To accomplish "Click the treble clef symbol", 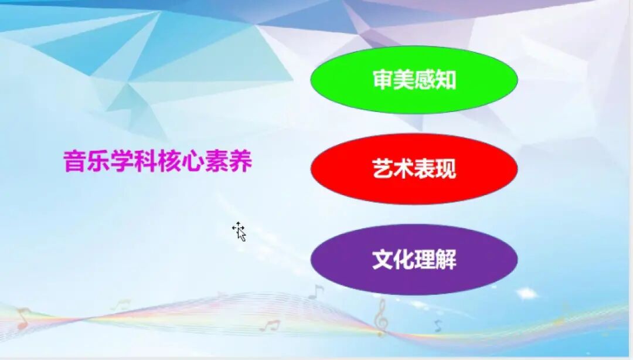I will point(381,317).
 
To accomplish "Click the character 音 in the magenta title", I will point(74,162).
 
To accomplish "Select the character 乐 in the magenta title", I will point(98,162).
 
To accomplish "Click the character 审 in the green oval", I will point(383,80).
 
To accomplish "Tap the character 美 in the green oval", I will point(404,80).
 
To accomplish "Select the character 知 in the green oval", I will point(445,80).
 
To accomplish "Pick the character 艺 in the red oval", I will point(383,169).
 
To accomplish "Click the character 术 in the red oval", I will point(404,169).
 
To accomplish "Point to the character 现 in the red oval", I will point(445,169).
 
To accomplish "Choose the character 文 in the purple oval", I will point(383,260).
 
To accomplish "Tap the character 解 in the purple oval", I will point(445,260).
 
